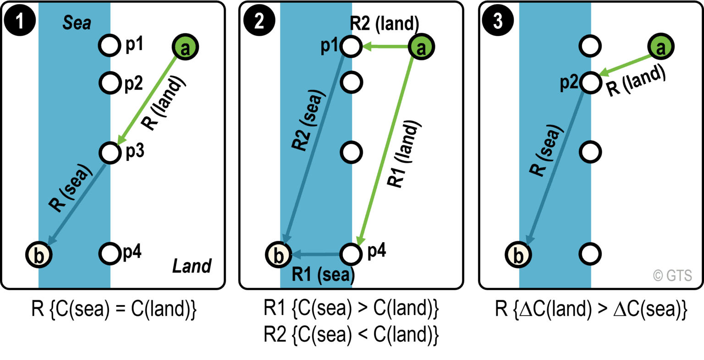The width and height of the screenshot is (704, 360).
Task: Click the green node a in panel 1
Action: pos(185,47)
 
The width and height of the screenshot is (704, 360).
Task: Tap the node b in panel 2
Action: pos(279,254)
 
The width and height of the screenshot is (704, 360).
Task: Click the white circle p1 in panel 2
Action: pos(351,46)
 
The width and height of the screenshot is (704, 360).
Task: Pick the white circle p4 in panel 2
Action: pos(351,253)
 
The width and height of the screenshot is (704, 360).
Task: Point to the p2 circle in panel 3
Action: pos(590,82)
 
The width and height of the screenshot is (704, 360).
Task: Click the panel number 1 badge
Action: pos(20,21)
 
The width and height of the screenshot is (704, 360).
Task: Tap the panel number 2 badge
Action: pos(259,21)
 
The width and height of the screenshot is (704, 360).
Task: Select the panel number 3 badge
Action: pos(498,21)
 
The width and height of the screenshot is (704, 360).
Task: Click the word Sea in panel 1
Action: pos(77,23)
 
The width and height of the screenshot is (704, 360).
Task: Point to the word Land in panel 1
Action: pos(192,266)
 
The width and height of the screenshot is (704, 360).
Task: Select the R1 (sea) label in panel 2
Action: pos(323,275)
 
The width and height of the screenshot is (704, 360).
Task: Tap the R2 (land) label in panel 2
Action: pos(384,23)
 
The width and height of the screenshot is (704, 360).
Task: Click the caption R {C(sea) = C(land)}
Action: pos(114,310)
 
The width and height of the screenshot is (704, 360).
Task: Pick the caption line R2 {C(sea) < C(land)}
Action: pos(351,335)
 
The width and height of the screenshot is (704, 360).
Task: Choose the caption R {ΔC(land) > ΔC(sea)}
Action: pos(591,310)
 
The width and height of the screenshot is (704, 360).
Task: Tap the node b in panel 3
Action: pos(518,254)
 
